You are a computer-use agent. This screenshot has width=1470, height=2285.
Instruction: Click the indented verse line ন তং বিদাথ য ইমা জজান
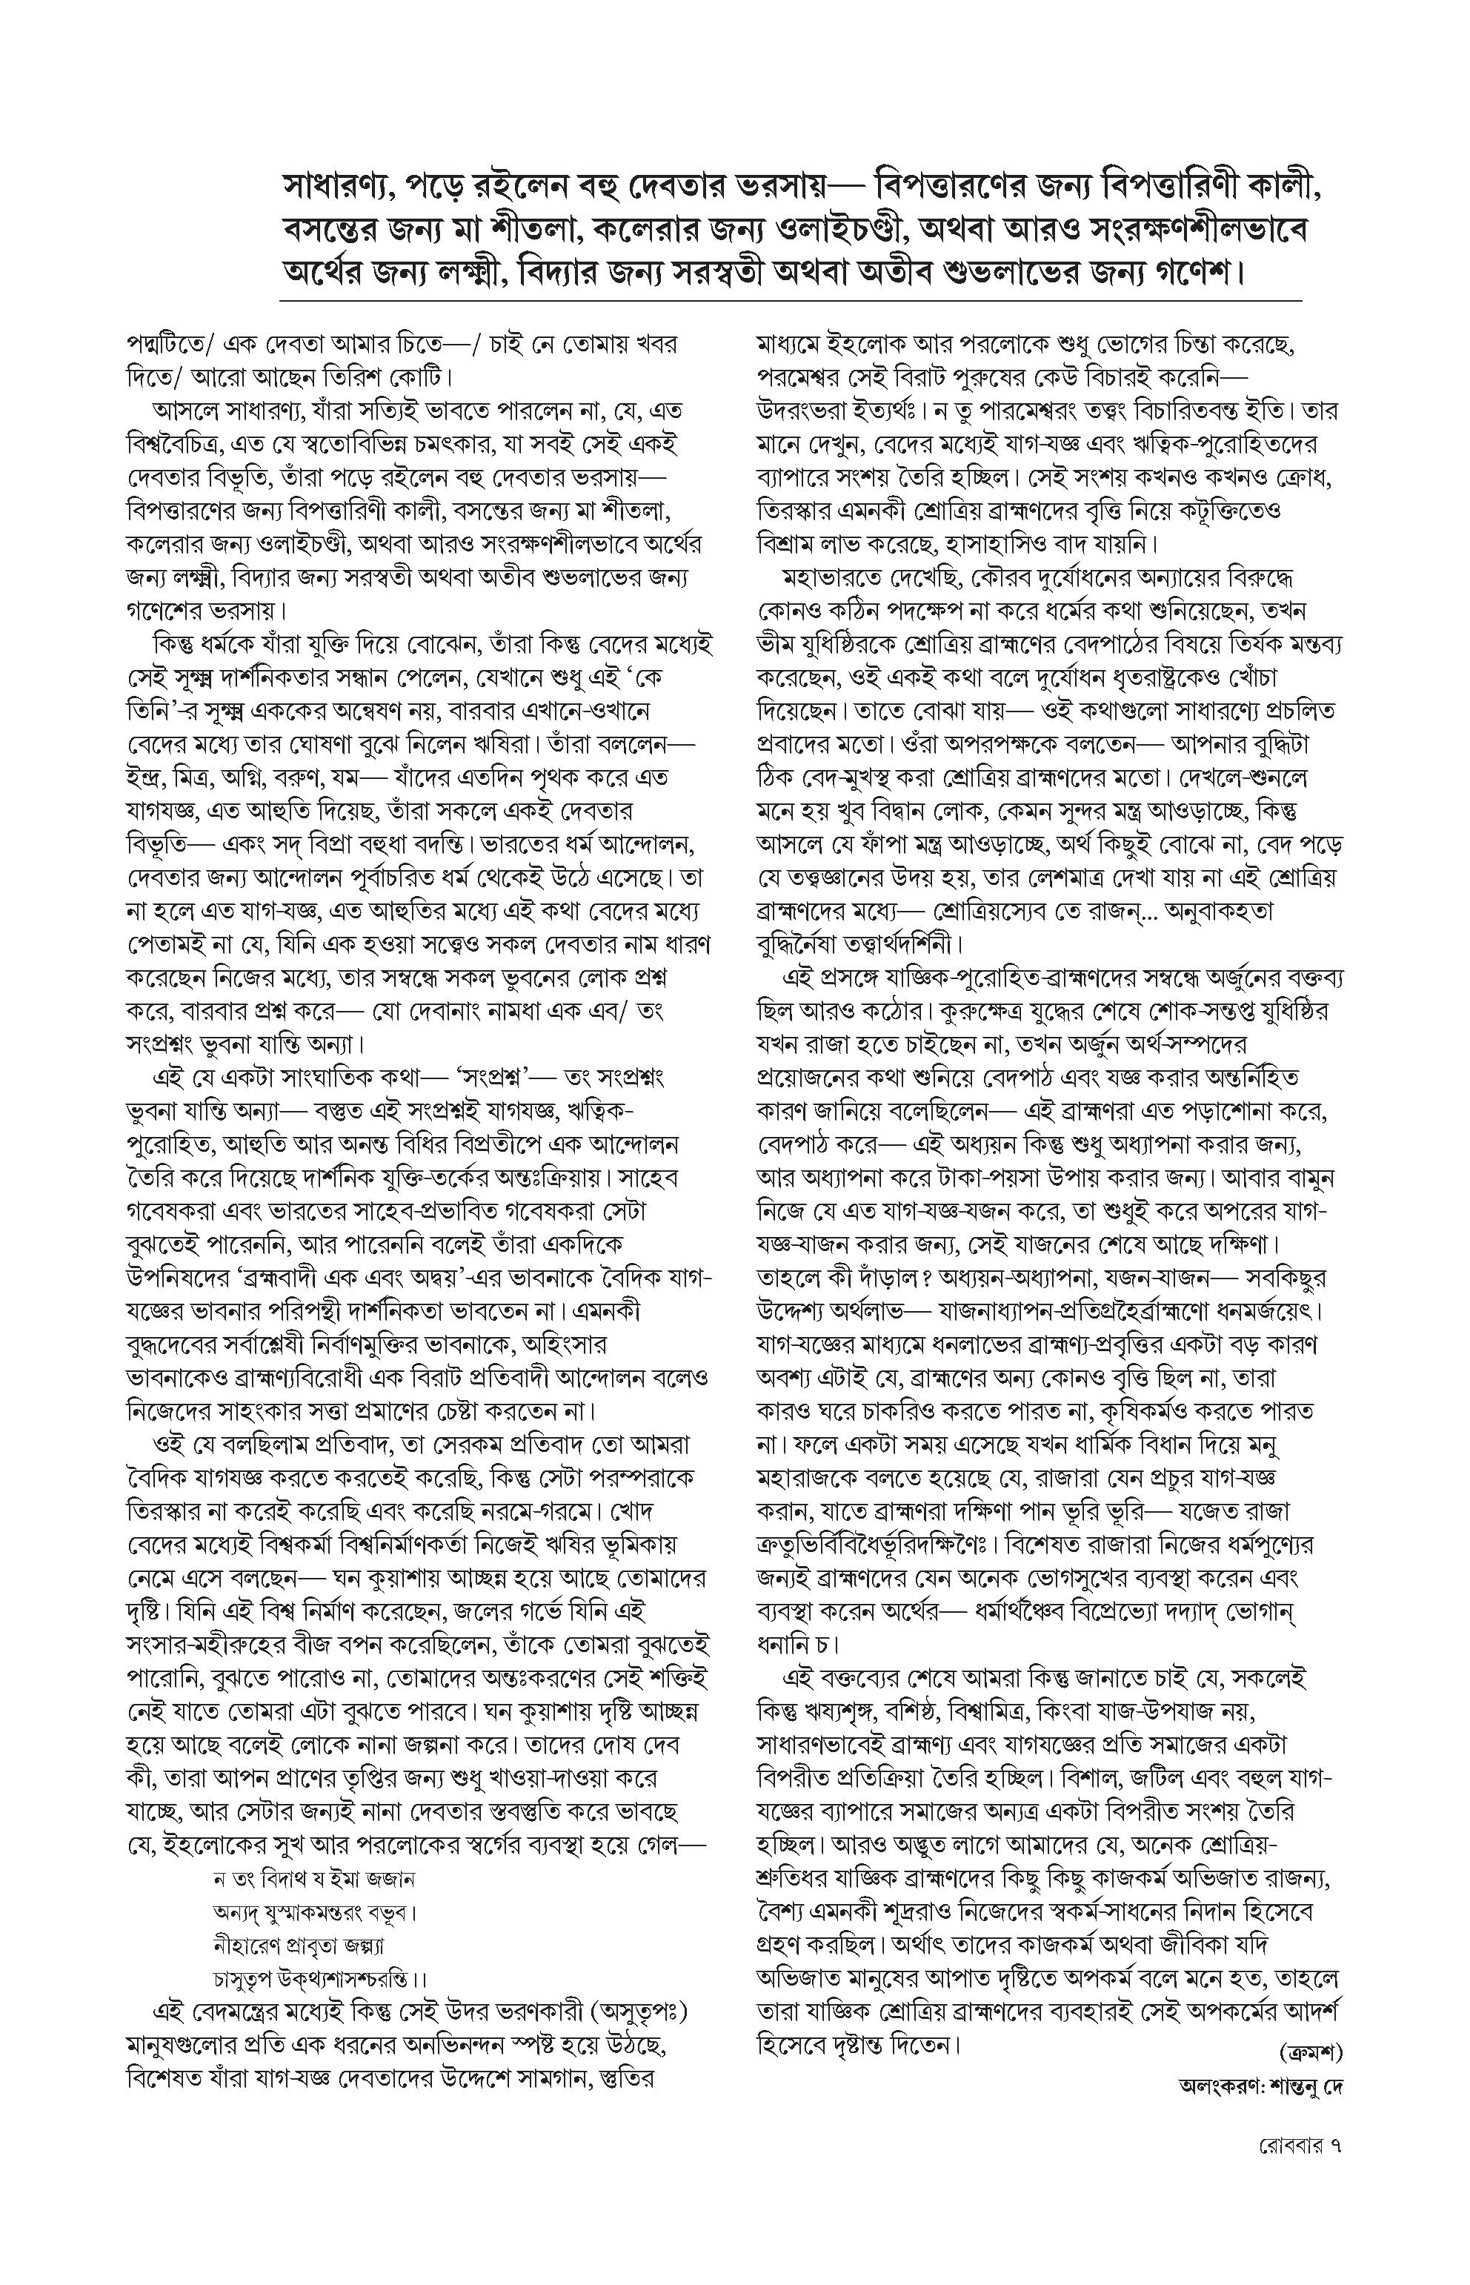(x=314, y=1878)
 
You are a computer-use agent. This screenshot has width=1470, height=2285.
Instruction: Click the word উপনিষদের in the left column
(x=176, y=1278)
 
